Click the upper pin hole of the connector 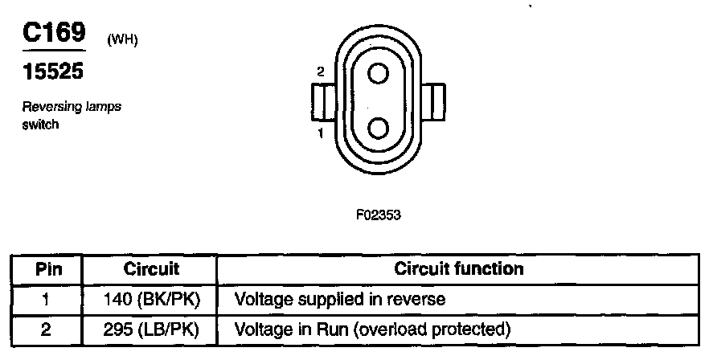point(378,74)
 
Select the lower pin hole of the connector point(378,129)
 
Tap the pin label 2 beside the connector point(320,72)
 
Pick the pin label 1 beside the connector point(320,133)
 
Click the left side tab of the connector point(322,102)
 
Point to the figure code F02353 point(378,215)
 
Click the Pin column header point(47,268)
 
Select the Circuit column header point(151,268)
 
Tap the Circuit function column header point(459,268)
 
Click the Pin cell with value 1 point(47,300)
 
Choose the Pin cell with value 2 point(47,329)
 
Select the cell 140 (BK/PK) point(151,300)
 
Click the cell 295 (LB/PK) point(151,329)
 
